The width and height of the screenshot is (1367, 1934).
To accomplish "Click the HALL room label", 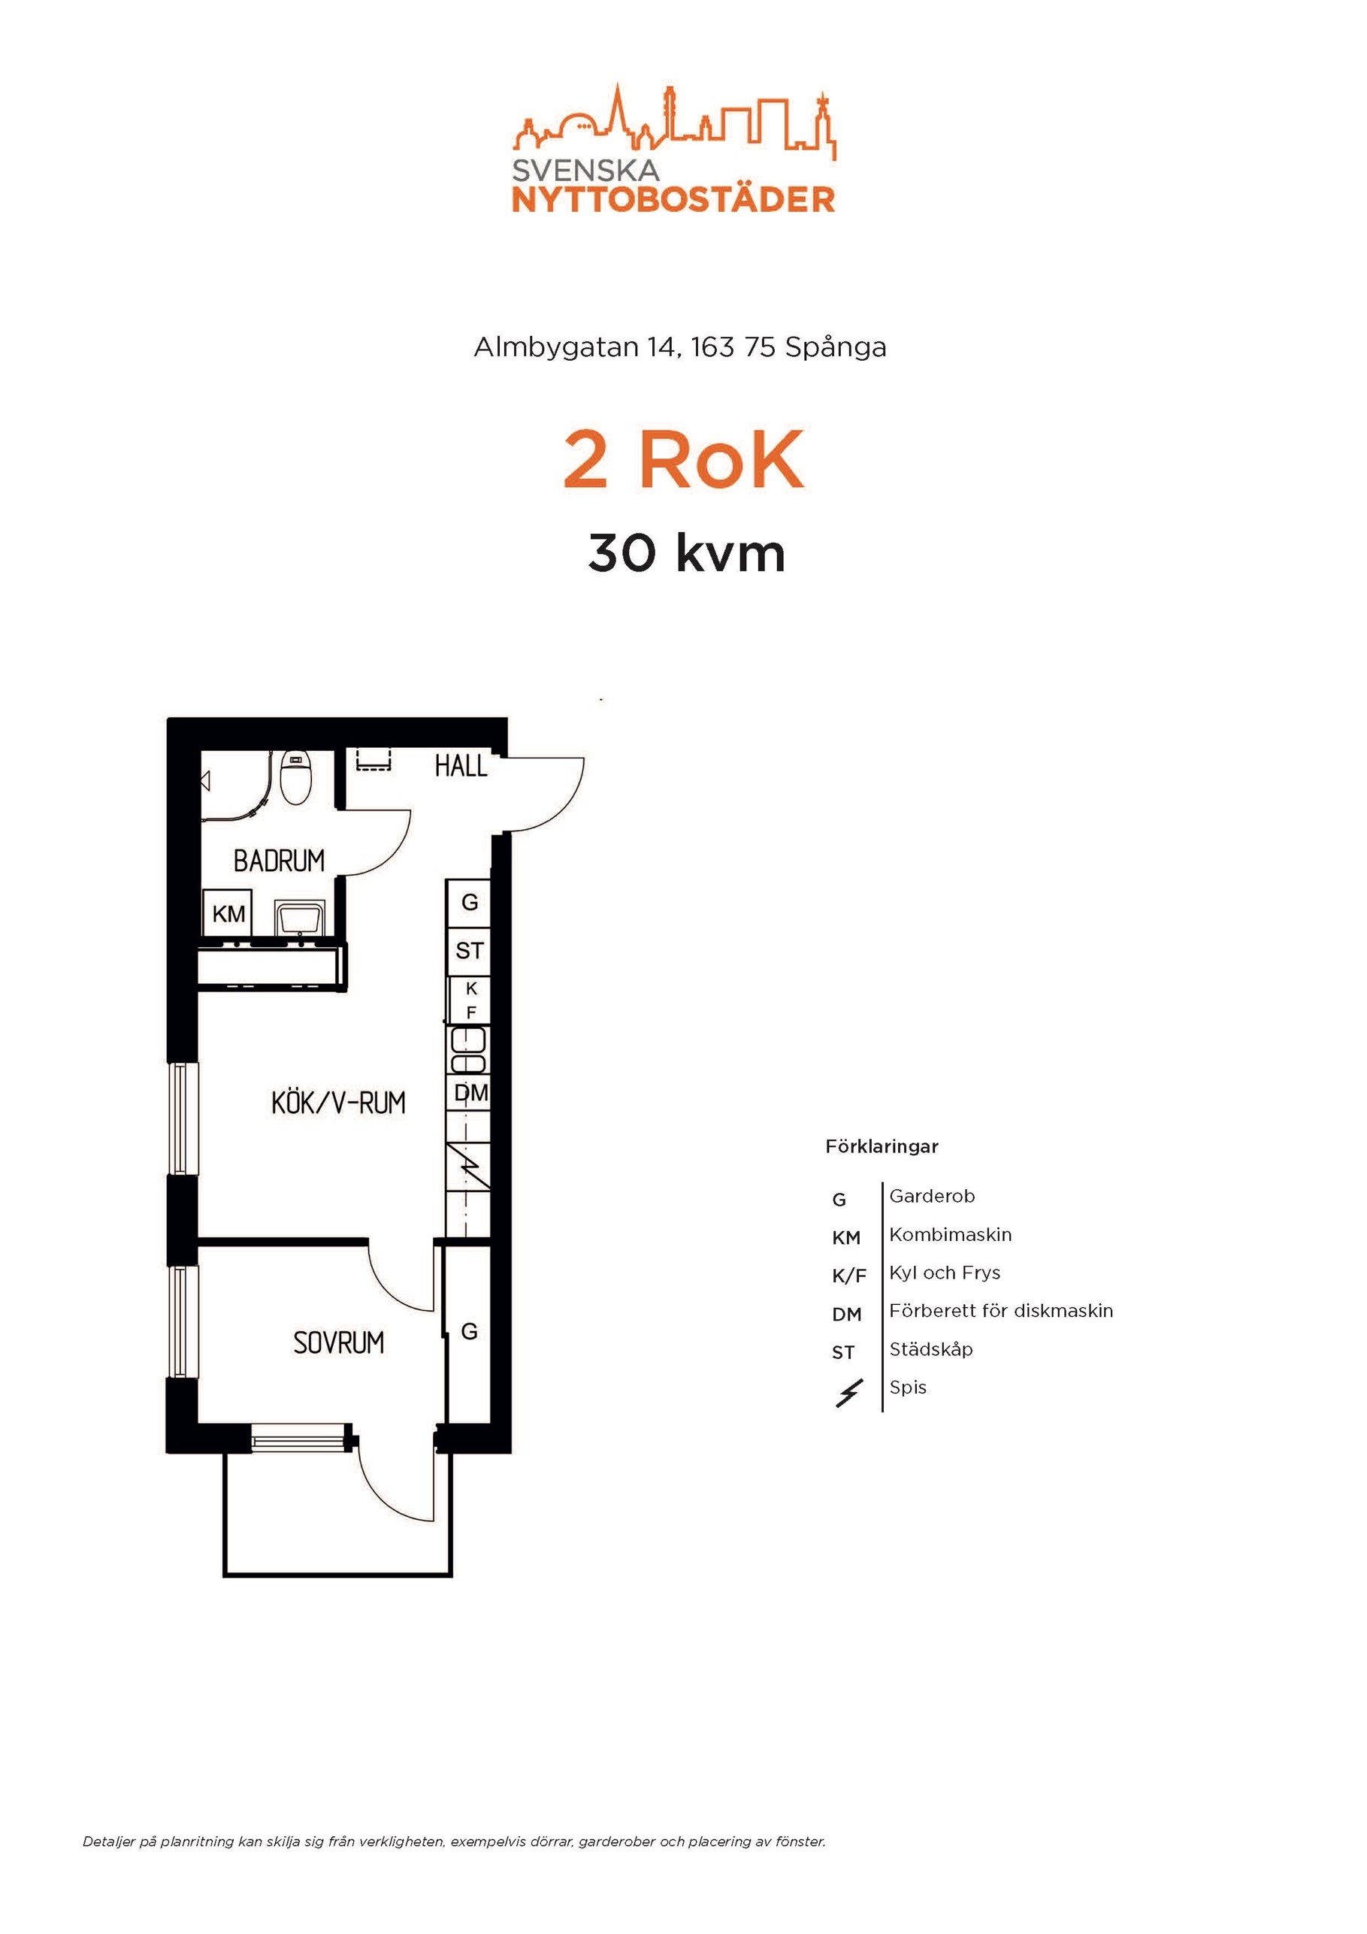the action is tap(461, 766).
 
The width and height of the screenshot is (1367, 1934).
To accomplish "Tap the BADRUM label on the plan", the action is tap(279, 861).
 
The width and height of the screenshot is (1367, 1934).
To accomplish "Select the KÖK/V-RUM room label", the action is tap(337, 1103).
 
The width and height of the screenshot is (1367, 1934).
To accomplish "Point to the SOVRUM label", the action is tap(339, 1342).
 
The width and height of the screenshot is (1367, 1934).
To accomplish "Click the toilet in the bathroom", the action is tap(295, 776).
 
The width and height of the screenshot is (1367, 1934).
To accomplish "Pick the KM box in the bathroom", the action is tap(228, 914).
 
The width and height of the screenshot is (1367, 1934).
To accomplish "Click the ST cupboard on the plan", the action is tap(469, 951).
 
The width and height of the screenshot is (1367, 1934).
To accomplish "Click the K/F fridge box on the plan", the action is tap(470, 1000).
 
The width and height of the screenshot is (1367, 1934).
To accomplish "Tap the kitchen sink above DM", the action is tap(468, 1050).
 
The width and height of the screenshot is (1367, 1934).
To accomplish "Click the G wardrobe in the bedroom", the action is tap(468, 1332).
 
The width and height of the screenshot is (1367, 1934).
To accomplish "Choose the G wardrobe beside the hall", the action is tap(469, 902).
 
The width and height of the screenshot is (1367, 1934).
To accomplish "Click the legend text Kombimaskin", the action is tap(950, 1235).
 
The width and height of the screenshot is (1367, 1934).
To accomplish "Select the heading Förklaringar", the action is tap(882, 1146).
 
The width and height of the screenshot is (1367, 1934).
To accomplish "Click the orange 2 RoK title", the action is tap(683, 460).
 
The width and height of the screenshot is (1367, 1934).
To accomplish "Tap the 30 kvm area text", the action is tap(686, 553).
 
